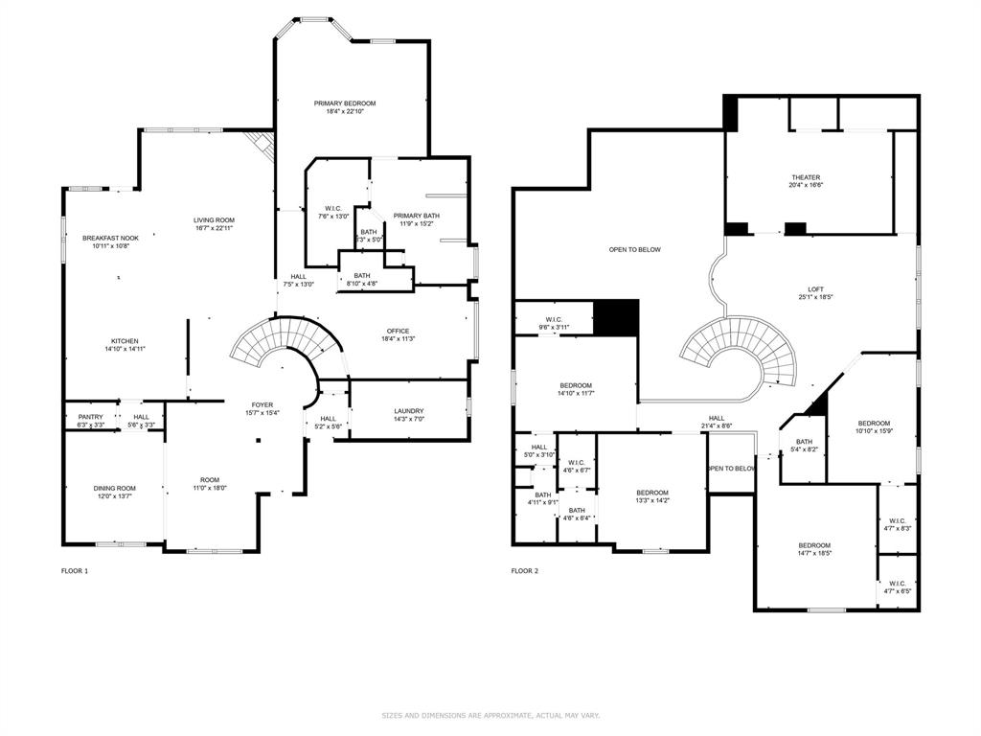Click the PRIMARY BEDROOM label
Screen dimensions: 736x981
coord(345,103)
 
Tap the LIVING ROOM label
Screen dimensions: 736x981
coord(214,220)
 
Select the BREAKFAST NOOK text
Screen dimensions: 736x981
coord(110,238)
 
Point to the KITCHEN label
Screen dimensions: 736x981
coord(125,341)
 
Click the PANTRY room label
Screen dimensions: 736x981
coord(91,417)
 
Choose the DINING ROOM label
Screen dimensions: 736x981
coord(114,488)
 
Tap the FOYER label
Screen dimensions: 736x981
coord(262,405)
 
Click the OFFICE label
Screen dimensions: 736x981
coord(398,332)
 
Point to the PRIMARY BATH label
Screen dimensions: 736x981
coord(416,216)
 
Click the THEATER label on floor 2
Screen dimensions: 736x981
coord(806,177)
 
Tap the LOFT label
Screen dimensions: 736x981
coord(815,289)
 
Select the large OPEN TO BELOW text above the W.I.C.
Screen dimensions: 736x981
coord(635,249)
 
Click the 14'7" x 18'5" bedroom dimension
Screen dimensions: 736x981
coord(814,553)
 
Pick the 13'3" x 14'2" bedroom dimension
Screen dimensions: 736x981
coord(652,499)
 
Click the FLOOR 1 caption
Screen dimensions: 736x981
coord(75,571)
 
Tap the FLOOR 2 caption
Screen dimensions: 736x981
coord(525,571)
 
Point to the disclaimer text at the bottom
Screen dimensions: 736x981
coord(490,715)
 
